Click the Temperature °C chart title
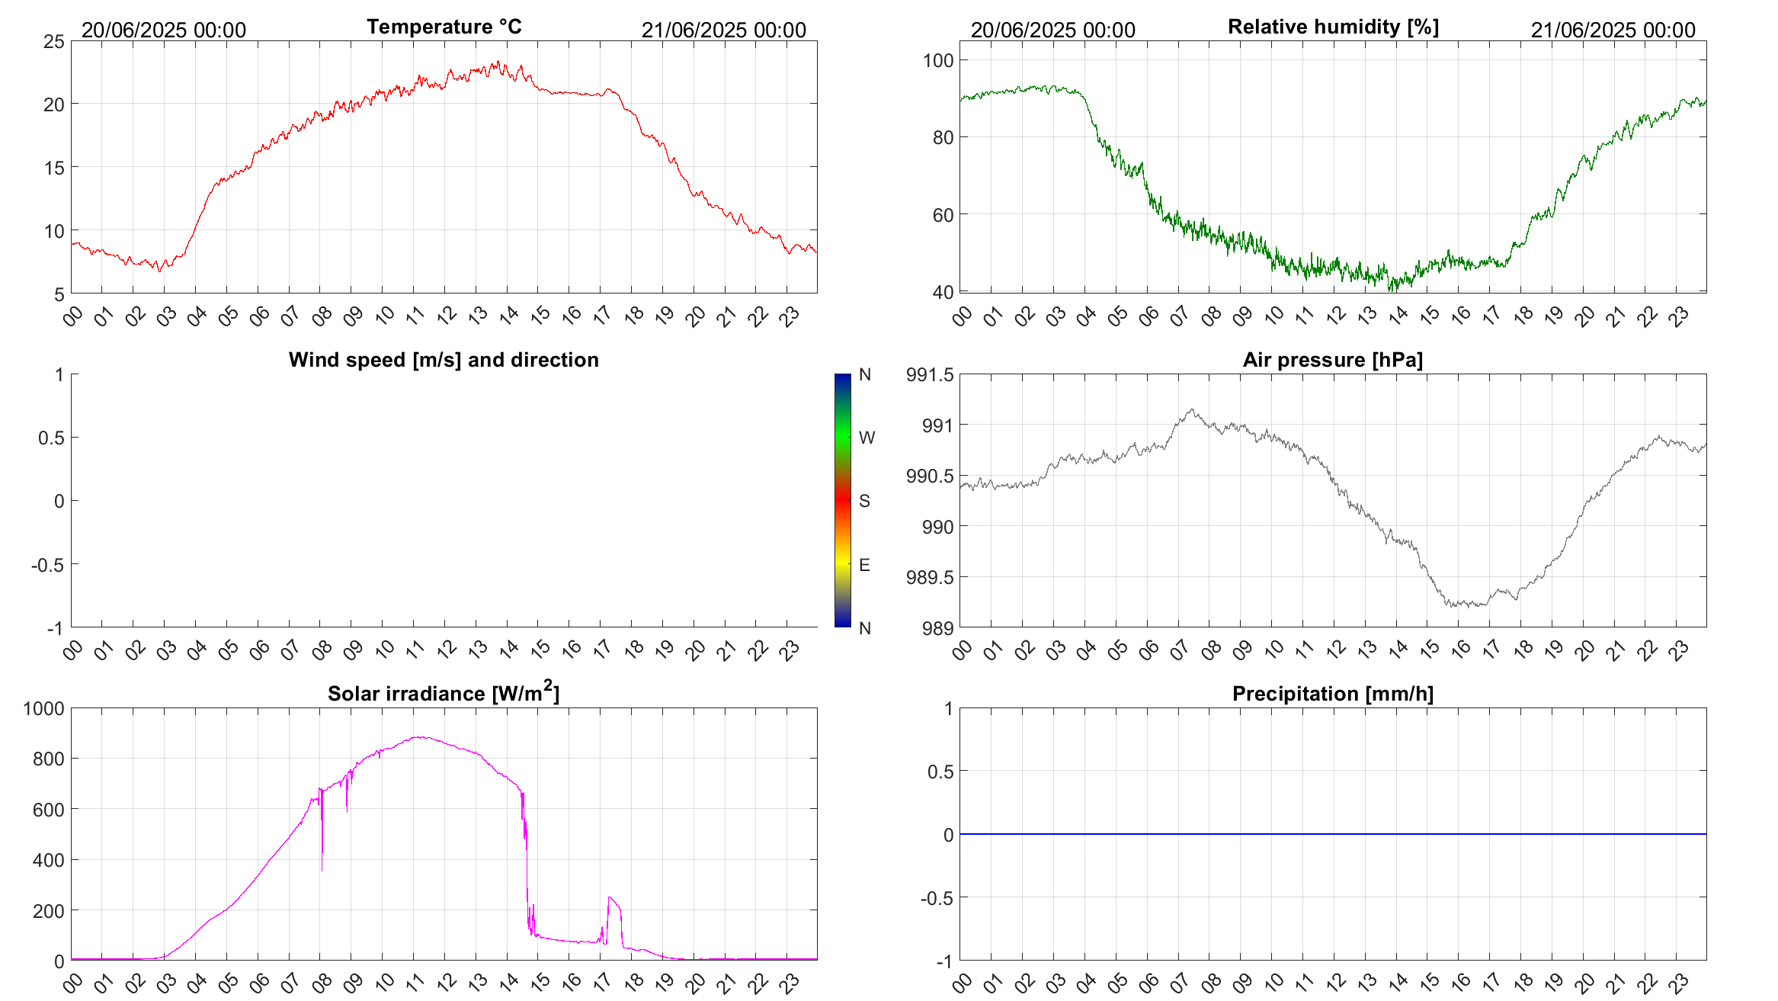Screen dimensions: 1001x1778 click(444, 27)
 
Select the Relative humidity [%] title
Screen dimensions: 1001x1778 click(1333, 27)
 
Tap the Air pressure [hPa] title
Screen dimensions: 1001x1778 click(1332, 360)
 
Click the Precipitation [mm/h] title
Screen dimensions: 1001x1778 click(1332, 694)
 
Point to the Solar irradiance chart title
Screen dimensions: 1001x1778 click(444, 693)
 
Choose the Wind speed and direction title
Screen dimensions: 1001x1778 click(444, 360)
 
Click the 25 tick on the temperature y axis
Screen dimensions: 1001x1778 click(54, 41)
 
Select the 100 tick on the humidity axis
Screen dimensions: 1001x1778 click(937, 60)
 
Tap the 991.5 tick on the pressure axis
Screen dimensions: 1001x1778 click(929, 374)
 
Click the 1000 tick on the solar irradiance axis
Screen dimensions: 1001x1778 click(44, 708)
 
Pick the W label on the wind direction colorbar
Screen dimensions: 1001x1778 click(867, 438)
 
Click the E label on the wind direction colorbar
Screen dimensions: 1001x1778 click(864, 565)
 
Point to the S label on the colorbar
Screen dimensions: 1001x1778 click(864, 501)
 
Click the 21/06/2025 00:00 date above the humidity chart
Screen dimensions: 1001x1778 click(1613, 30)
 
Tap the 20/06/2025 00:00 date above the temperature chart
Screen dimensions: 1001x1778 click(164, 30)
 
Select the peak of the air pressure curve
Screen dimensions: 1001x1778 click(1192, 409)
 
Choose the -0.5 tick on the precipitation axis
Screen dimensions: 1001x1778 click(937, 898)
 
